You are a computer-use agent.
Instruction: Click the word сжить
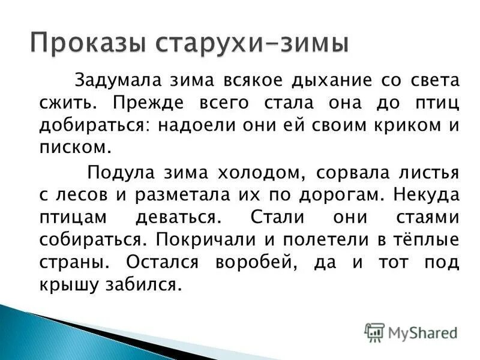pyautogui.click(x=64, y=102)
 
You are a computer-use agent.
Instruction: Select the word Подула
pyautogui.click(x=122, y=173)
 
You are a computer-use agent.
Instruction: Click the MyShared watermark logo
pyautogui.click(x=410, y=332)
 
